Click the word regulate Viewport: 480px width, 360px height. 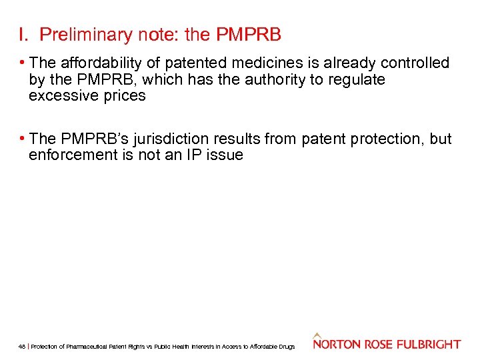coord(357,79)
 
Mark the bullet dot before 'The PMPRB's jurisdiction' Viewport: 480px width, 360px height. coord(23,139)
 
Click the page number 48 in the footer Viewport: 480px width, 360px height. coord(22,347)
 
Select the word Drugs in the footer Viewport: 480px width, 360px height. coord(287,347)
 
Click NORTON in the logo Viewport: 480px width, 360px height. coord(338,345)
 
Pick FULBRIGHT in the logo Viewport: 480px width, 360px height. coord(429,345)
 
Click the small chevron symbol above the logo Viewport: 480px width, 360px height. coord(317,335)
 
